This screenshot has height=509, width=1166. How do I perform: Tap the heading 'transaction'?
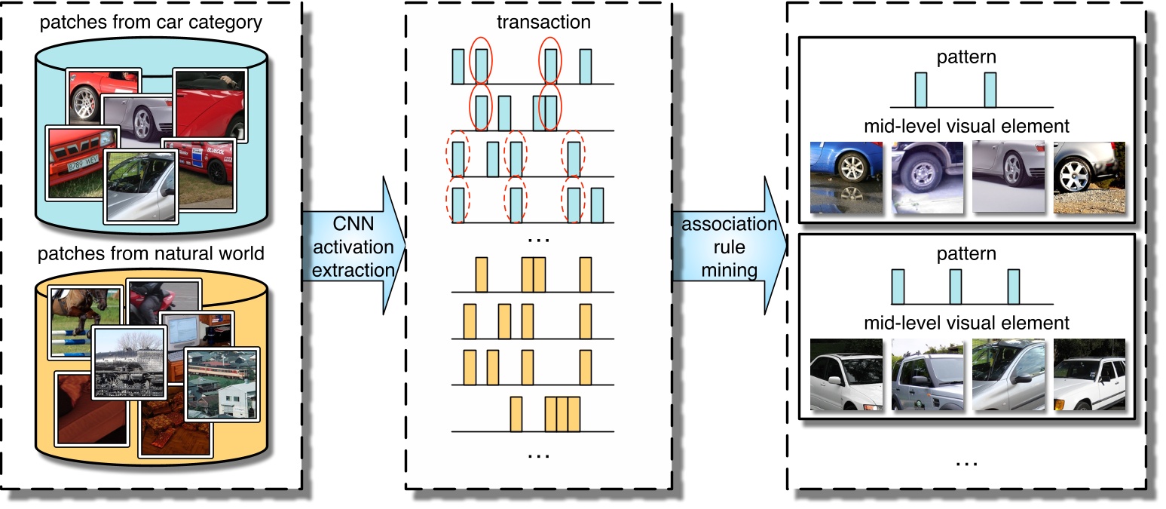click(543, 22)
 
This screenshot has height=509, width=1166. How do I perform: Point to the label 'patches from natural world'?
click(151, 253)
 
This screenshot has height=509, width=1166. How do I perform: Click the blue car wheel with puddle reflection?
click(844, 177)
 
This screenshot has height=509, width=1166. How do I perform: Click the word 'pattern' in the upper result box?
click(966, 56)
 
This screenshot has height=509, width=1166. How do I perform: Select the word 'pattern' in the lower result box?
click(966, 253)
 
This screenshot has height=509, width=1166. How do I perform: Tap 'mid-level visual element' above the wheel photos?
click(966, 125)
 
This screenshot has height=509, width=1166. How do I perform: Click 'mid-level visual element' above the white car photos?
click(966, 323)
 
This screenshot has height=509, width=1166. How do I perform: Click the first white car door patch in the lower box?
click(844, 375)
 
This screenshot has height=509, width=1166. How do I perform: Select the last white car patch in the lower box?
click(1088, 375)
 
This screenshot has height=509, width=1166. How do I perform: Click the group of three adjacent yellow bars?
click(562, 413)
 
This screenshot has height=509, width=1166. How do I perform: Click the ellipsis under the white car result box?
click(966, 461)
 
